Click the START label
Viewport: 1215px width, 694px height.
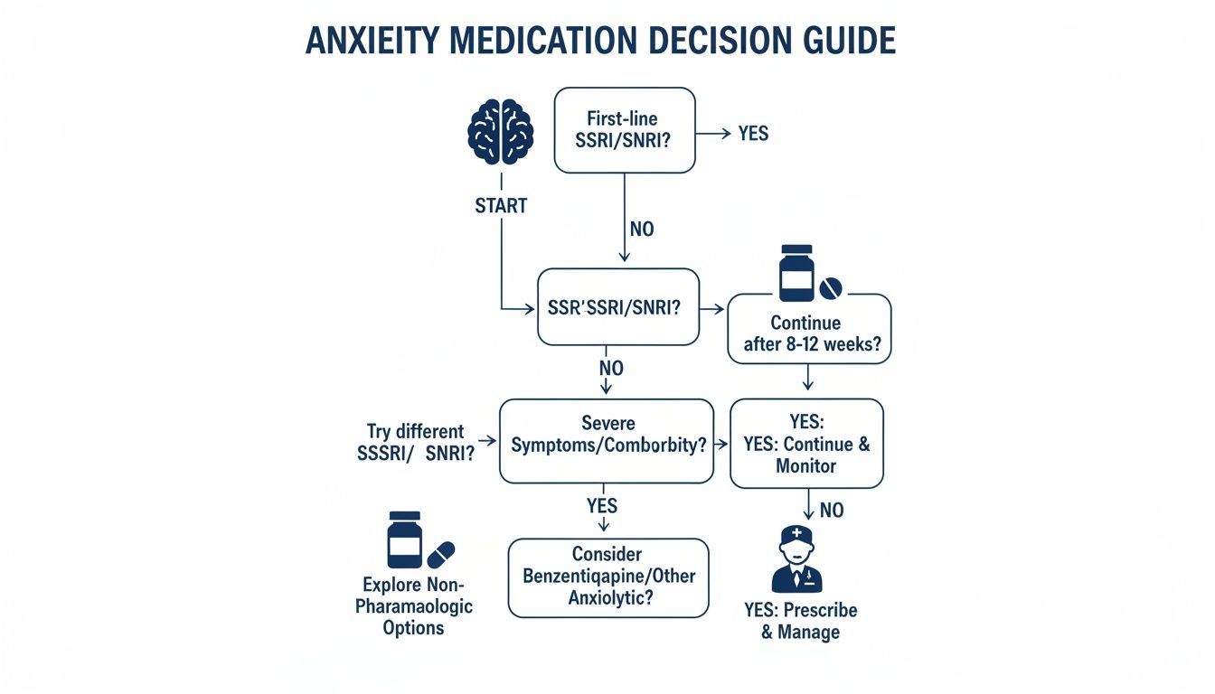coord(500,205)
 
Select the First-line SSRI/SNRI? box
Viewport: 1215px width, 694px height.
coord(625,130)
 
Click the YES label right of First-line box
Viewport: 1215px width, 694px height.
coord(752,134)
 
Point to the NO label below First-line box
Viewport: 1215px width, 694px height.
coord(641,229)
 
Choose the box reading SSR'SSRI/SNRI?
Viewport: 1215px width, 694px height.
coord(617,307)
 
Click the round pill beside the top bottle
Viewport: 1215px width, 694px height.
coord(829,288)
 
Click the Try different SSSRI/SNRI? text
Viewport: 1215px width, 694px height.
coord(415,443)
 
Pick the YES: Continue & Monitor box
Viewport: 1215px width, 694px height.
coord(805,444)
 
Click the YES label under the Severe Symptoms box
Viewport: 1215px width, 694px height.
coord(603,505)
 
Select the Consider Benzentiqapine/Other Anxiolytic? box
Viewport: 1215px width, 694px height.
coord(607,577)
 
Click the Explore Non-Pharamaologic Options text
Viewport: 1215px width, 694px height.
coord(414,605)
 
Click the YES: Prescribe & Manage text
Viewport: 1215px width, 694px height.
coord(800,621)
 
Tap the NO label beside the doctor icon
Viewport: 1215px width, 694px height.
coord(831,511)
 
